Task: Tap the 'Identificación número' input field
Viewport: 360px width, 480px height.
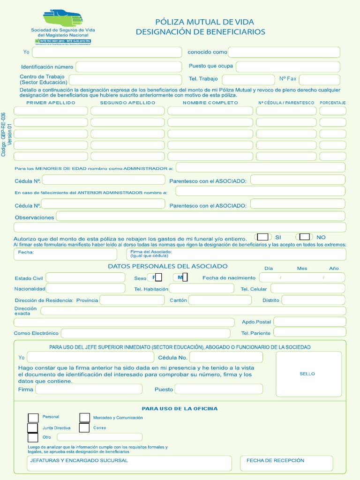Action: [x=128, y=67]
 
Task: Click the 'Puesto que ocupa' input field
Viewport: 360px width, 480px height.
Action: [x=288, y=66]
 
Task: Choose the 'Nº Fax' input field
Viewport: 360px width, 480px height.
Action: [x=319, y=79]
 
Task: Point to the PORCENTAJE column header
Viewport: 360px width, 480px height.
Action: [x=332, y=102]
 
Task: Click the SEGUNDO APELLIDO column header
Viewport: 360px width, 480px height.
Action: [x=127, y=102]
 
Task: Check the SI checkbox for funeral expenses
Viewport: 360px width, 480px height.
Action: [x=263, y=237]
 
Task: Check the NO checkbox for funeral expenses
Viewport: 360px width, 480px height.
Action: [x=305, y=237]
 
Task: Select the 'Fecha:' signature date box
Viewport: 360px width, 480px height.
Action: [x=66, y=254]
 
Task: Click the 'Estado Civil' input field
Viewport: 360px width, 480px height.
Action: [x=85, y=277]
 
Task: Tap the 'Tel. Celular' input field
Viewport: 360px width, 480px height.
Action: [x=307, y=289]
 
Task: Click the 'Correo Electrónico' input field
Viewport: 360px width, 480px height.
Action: [x=145, y=333]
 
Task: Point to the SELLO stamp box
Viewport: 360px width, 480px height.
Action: [x=308, y=374]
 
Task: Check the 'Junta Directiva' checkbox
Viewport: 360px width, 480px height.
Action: [x=32, y=428]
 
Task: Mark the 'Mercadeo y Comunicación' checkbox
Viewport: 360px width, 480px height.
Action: [x=84, y=417]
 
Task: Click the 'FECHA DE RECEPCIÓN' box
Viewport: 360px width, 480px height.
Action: [x=286, y=463]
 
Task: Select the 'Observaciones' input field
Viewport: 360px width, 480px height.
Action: [x=201, y=216]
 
